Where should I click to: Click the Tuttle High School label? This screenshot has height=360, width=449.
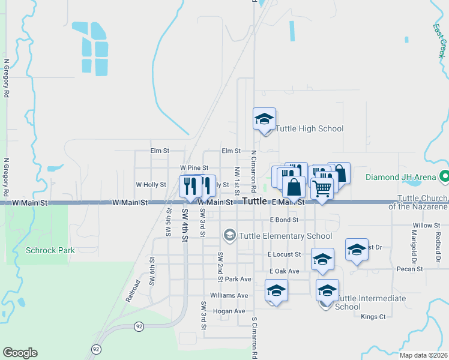[309, 128]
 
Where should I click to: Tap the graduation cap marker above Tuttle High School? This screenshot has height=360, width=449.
[264, 119]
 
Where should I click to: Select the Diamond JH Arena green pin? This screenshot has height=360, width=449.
[444, 177]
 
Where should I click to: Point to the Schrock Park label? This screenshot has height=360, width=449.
[50, 250]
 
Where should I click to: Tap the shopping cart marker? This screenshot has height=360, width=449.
[322, 188]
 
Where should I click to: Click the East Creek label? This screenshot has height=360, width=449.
[440, 37]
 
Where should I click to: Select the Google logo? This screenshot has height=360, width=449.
[20, 353]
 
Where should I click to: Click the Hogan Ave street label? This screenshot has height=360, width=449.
[229, 311]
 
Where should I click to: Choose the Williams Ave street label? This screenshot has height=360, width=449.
[229, 295]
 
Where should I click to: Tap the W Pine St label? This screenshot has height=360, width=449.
[194, 168]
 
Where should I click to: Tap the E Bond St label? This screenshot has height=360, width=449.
[285, 220]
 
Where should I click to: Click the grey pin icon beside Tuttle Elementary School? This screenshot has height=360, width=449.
[229, 235]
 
